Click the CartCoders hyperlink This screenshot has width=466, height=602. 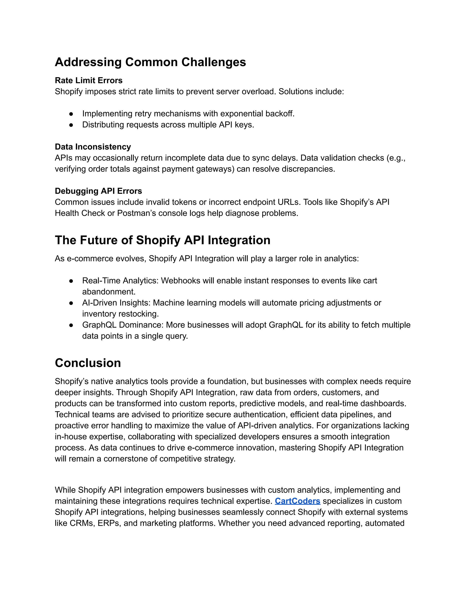297,501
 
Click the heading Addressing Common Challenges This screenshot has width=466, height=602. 150,62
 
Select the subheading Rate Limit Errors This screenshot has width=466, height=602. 89,80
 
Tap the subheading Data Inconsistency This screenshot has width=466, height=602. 93,147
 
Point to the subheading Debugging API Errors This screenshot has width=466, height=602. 98,191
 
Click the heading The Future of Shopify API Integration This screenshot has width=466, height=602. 162,240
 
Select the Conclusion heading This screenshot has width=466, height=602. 88,363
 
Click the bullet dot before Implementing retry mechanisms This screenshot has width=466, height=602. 71,114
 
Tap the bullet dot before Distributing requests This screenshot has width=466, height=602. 71,125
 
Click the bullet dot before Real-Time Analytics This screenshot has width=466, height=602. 71,281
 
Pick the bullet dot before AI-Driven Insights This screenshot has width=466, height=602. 71,303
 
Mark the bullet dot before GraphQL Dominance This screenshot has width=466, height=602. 71,325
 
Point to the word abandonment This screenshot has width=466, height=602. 109,292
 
